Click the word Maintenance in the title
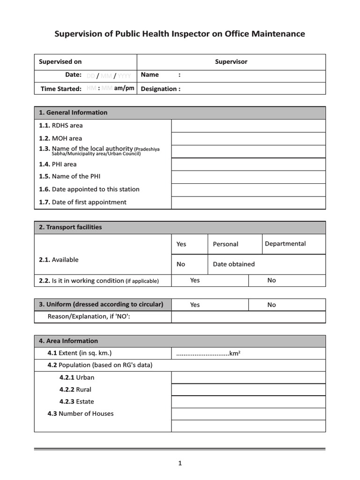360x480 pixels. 278,34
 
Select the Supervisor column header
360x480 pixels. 231,62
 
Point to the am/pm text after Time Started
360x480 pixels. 124,88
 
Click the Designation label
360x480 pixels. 160,89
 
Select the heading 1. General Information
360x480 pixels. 73,112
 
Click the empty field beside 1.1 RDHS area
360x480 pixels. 248,126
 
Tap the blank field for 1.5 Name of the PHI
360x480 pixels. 248,177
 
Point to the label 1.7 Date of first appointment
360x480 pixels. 82,202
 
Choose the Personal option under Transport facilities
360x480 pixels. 225,244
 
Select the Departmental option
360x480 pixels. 285,244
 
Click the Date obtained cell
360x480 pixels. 234,264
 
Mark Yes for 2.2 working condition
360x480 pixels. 195,280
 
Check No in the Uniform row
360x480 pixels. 272,305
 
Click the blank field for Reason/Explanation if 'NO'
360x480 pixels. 248,317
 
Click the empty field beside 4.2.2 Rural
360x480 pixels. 248,390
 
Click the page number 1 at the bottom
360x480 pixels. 180,464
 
